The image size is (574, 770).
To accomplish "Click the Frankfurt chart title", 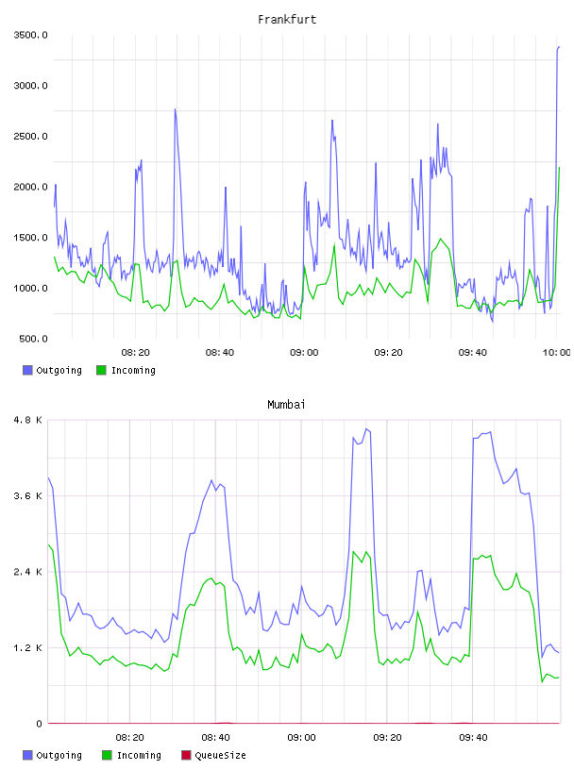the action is click(287, 19).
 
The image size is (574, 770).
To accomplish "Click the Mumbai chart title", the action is click(286, 404).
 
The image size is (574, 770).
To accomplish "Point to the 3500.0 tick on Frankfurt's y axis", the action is click(30, 35).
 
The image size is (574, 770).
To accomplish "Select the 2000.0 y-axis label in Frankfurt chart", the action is click(30, 187).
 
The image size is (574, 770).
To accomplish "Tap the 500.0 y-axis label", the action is click(33, 339).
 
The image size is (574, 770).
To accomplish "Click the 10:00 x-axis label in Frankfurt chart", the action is click(556, 352).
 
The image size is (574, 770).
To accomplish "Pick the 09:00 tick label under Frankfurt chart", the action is click(304, 352).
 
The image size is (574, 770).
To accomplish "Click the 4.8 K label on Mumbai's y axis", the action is click(28, 420).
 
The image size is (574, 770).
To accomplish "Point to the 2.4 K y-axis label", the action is click(28, 572).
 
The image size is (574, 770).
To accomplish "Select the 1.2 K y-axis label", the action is click(28, 647).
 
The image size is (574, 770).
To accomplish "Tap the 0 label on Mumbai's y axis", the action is click(39, 724).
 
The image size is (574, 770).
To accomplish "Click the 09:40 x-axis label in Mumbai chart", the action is click(473, 737).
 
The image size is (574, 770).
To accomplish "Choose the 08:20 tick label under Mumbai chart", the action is click(129, 737).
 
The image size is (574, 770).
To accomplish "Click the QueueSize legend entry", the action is click(213, 755).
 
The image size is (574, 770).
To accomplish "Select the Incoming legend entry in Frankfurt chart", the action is click(126, 370).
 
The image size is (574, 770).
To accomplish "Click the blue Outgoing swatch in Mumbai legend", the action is click(27, 755).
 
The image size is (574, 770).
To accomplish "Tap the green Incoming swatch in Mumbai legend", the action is click(107, 755).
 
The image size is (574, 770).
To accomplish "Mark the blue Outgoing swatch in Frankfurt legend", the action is click(27, 370).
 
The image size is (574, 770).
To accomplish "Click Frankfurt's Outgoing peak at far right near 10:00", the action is click(559, 47).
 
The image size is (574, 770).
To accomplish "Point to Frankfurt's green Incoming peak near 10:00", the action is click(559, 168).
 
